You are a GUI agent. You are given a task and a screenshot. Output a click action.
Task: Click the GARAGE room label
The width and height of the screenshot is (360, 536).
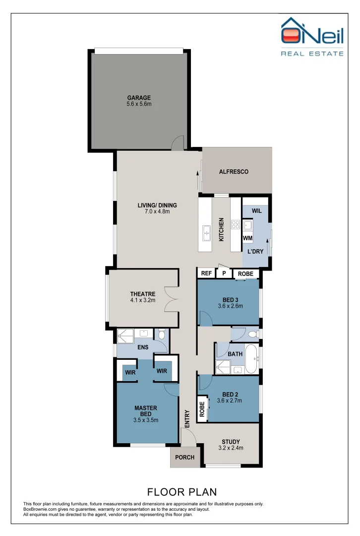pyautogui.click(x=139, y=98)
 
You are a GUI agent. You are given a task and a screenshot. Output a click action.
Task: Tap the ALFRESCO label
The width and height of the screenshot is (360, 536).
pyautogui.click(x=234, y=172)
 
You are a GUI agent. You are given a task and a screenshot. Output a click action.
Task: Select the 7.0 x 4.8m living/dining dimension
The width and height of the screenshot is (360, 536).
pyautogui.click(x=157, y=211)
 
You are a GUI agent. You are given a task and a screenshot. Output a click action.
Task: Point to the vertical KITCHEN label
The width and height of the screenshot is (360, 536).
pyautogui.click(x=221, y=230)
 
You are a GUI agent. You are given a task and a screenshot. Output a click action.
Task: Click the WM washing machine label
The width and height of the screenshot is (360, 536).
pyautogui.click(x=247, y=238)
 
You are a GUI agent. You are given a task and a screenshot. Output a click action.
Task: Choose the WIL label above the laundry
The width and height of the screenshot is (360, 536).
pyautogui.click(x=257, y=211)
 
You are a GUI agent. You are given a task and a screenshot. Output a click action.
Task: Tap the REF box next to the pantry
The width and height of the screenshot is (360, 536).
pyautogui.click(x=207, y=273)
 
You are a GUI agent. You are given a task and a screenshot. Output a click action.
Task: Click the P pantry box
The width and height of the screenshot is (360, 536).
pyautogui.click(x=224, y=273)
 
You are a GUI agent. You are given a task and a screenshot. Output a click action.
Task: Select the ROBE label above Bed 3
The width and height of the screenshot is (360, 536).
pyautogui.click(x=245, y=273)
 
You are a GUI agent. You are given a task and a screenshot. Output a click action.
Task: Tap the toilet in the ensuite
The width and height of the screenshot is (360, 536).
pyautogui.click(x=162, y=334)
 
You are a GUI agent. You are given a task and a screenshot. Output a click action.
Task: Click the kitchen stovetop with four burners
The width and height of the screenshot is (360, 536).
pyautogui.click(x=236, y=224)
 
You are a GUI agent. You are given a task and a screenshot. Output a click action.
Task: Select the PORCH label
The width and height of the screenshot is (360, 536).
pyautogui.click(x=185, y=458)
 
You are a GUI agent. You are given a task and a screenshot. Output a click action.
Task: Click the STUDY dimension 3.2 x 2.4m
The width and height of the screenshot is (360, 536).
pyautogui.click(x=231, y=448)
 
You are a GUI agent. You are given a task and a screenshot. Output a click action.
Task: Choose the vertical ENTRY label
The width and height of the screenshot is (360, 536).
pyautogui.click(x=187, y=419)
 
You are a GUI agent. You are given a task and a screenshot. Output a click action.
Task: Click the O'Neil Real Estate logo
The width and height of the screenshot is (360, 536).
pyautogui.click(x=312, y=37)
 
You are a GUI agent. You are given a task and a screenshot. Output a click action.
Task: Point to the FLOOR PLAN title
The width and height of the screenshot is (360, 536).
pyautogui.click(x=182, y=492)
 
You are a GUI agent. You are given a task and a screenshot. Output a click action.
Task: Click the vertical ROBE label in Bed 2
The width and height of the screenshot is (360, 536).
pyautogui.click(x=202, y=409)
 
